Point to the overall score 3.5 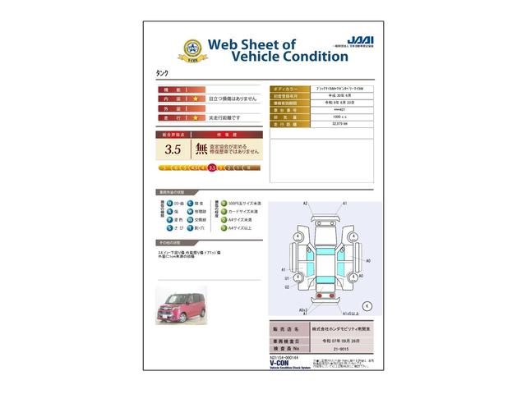click(173, 149)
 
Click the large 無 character click(201, 149)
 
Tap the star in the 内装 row click(196, 98)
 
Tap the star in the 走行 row click(196, 117)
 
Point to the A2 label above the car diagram click(305, 203)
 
